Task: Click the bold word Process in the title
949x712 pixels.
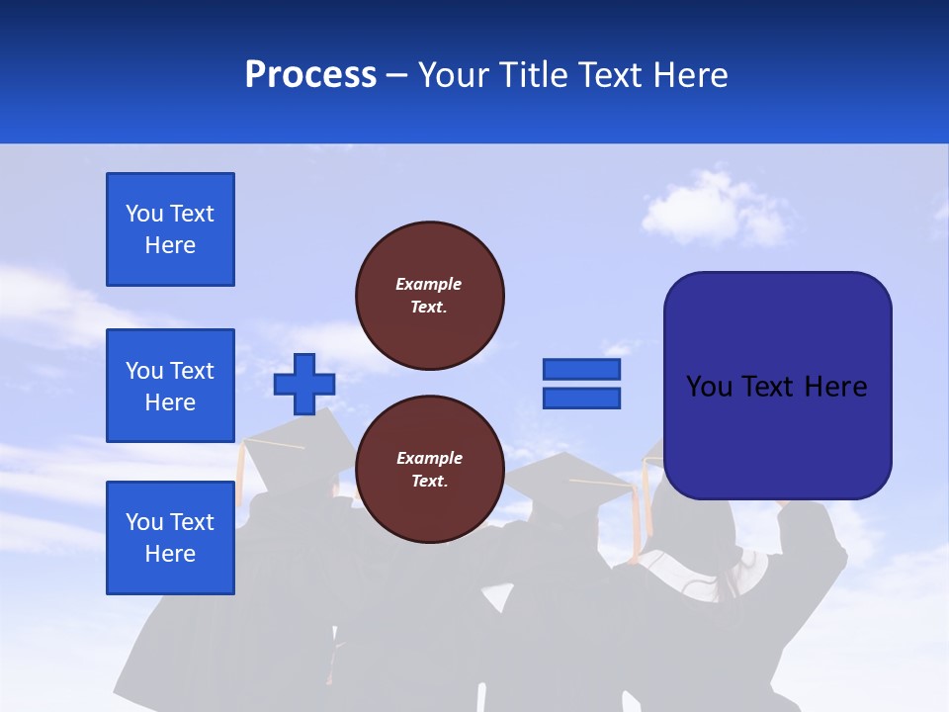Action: (x=310, y=75)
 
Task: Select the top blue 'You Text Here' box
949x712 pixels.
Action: (x=170, y=229)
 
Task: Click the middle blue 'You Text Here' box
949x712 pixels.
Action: (x=170, y=386)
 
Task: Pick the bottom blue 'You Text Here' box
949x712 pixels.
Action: (x=170, y=538)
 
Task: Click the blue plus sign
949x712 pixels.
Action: (x=304, y=384)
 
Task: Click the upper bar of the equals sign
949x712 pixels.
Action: (x=581, y=369)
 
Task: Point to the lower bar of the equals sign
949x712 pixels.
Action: (x=581, y=399)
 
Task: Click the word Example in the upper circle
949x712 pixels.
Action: (x=428, y=284)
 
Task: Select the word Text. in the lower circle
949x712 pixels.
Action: (x=428, y=482)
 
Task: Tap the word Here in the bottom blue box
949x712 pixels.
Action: (x=170, y=554)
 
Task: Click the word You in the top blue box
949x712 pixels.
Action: (x=144, y=214)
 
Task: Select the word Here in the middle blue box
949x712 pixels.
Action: (x=170, y=402)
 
